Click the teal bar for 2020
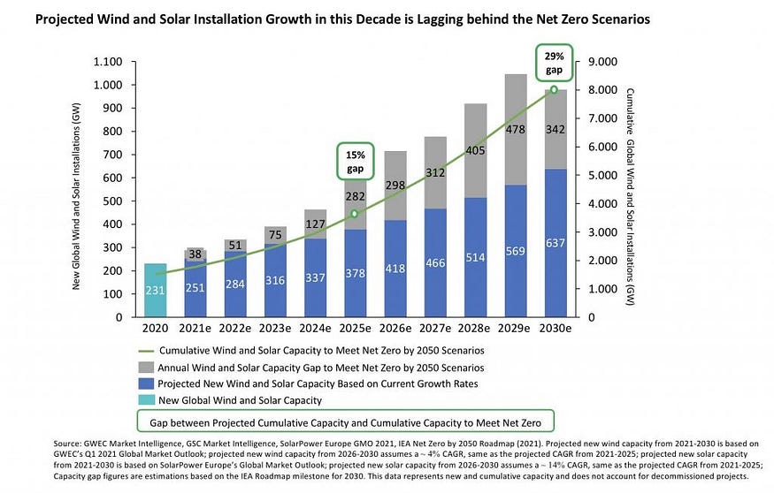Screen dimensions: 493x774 [x=156, y=290]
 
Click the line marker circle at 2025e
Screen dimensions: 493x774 [x=354, y=214]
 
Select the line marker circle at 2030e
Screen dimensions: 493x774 [x=555, y=89]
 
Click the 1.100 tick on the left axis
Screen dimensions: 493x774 [x=112, y=62]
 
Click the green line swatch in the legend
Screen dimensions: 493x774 [x=147, y=350]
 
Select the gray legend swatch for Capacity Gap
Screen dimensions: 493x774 [x=147, y=368]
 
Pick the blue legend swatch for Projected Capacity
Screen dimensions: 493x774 [x=147, y=384]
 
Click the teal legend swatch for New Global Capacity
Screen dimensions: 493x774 [x=147, y=401]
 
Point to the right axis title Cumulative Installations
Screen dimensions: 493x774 [x=630, y=189]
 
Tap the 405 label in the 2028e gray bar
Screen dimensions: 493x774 [x=475, y=151]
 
